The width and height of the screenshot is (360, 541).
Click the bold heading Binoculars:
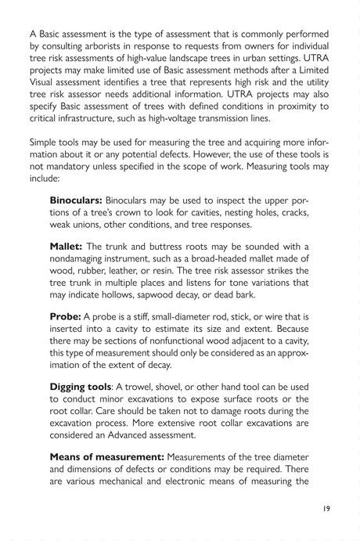click(x=76, y=200)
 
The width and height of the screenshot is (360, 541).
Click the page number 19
click(x=326, y=508)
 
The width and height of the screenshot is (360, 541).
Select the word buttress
click(x=166, y=248)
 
